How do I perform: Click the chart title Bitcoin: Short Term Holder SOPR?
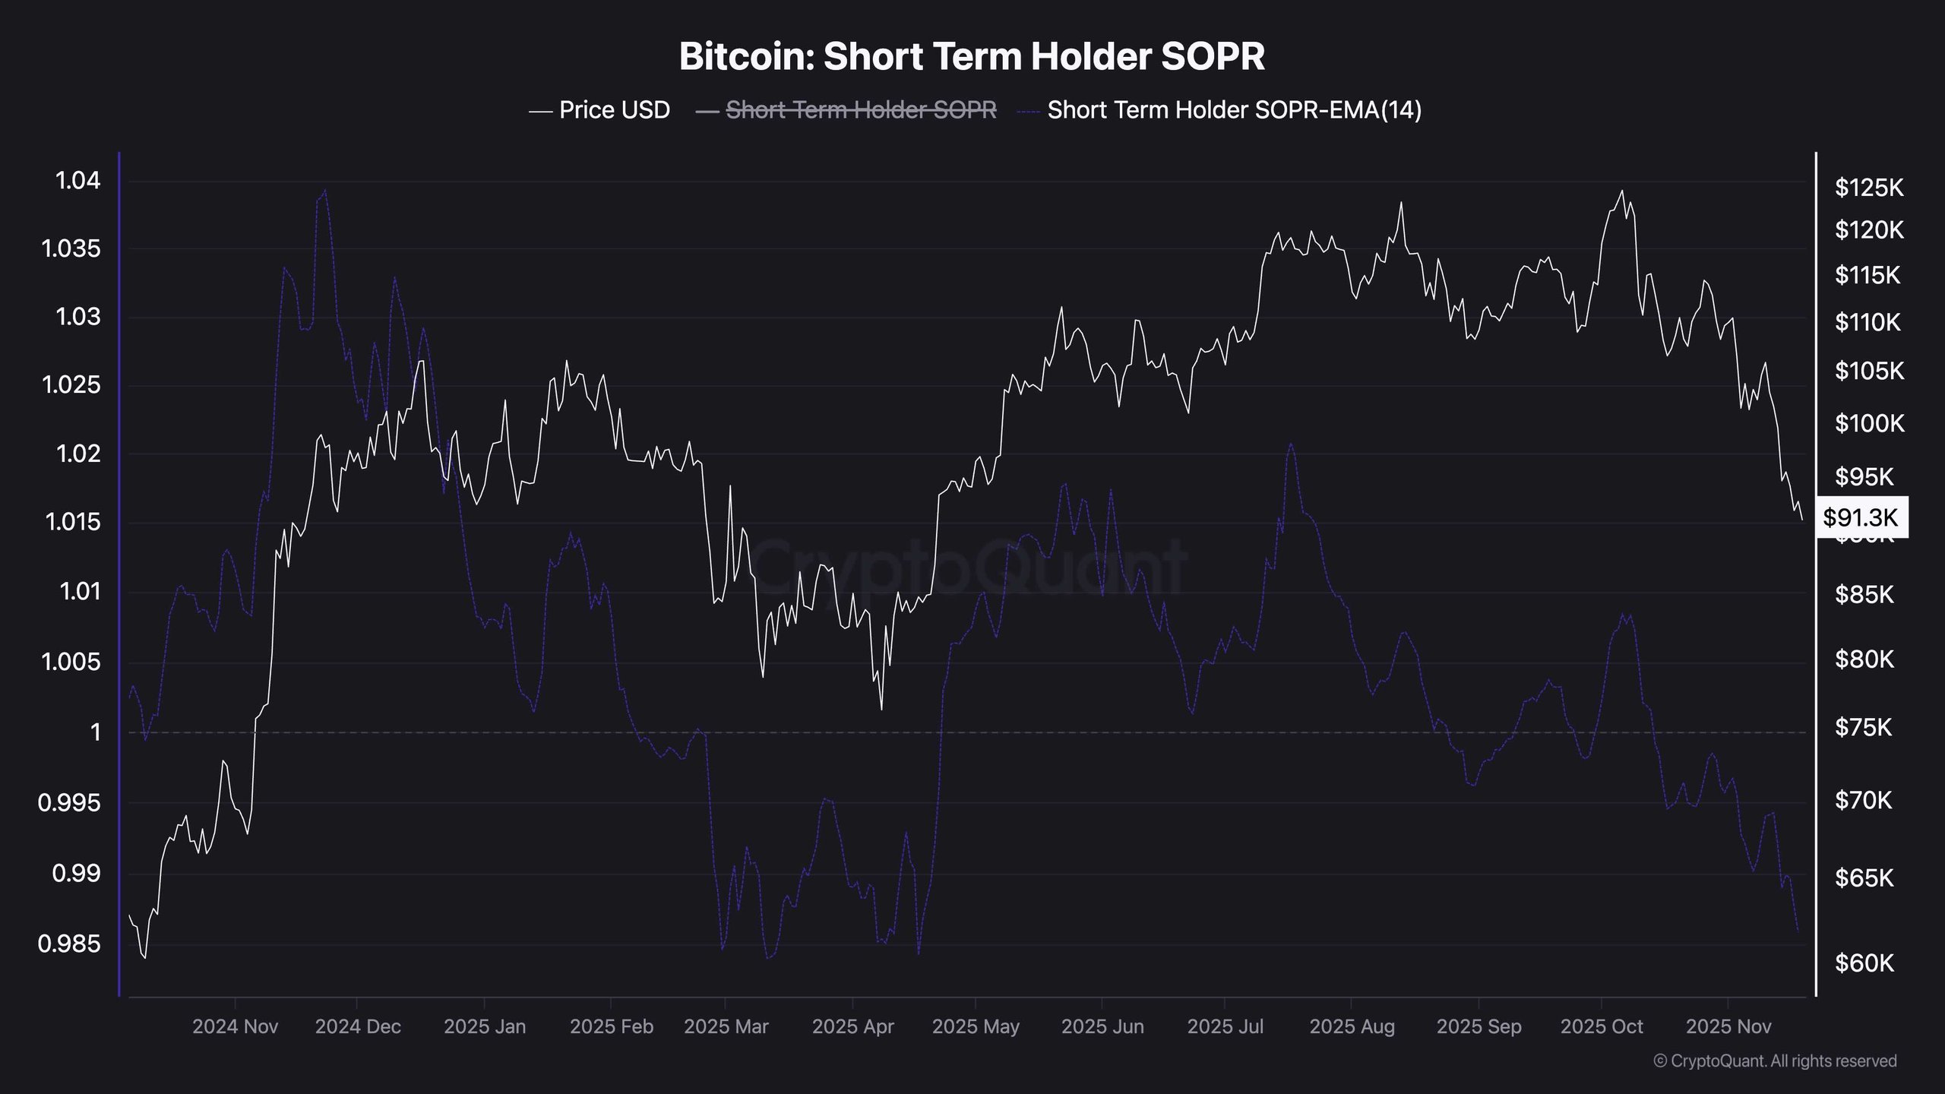972,57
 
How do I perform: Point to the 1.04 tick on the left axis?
77,181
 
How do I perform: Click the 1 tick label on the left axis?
95,732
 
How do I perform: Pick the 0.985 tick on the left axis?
69,944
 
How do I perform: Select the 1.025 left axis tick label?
71,385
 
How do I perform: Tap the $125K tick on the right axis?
1869,187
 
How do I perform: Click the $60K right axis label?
1864,963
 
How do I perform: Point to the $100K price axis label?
1869,423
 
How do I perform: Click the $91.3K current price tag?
1861,517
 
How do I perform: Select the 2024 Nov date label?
235,1027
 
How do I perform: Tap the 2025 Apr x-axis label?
852,1027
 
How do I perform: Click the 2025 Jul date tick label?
1225,1027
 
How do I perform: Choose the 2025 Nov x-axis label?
1728,1027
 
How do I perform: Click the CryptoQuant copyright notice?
1775,1061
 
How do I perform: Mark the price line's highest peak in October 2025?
1622,191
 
